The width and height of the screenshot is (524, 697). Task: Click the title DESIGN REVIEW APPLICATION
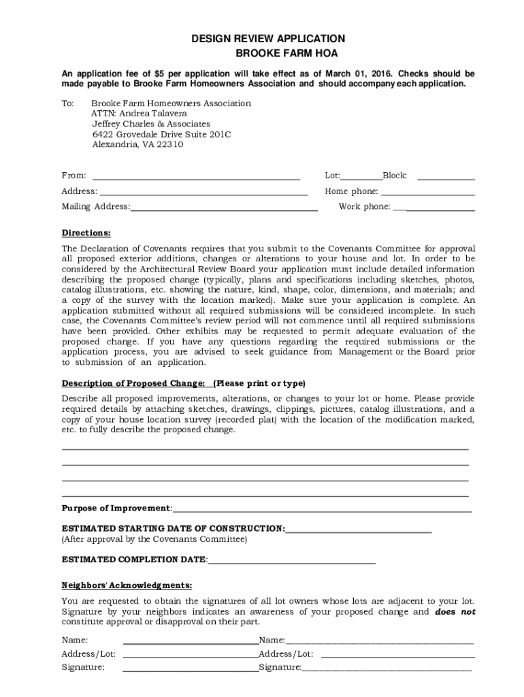pos(267,39)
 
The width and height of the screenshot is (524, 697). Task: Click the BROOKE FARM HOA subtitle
pos(267,53)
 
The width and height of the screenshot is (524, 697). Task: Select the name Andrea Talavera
pos(142,114)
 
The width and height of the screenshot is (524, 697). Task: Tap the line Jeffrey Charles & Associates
pos(151,124)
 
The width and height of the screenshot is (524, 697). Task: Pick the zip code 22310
pos(169,144)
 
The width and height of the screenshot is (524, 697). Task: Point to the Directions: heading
pos(86,232)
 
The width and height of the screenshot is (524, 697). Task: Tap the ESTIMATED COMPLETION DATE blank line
pos(292,562)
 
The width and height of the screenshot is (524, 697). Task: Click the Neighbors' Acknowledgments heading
pos(127,585)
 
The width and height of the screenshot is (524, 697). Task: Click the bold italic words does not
pos(455,612)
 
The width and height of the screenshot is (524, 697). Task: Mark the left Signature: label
pos(83,668)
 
